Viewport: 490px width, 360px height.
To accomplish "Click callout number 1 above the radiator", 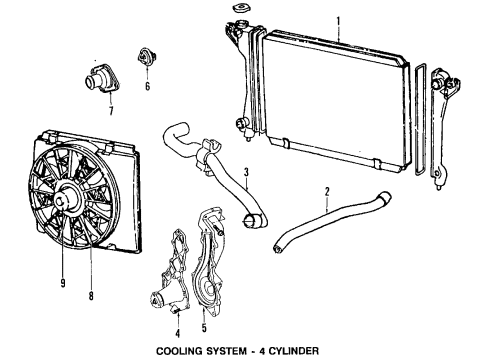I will [338, 20].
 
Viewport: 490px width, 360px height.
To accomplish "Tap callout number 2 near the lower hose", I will [327, 191].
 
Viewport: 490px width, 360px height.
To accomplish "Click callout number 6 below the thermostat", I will [147, 87].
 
